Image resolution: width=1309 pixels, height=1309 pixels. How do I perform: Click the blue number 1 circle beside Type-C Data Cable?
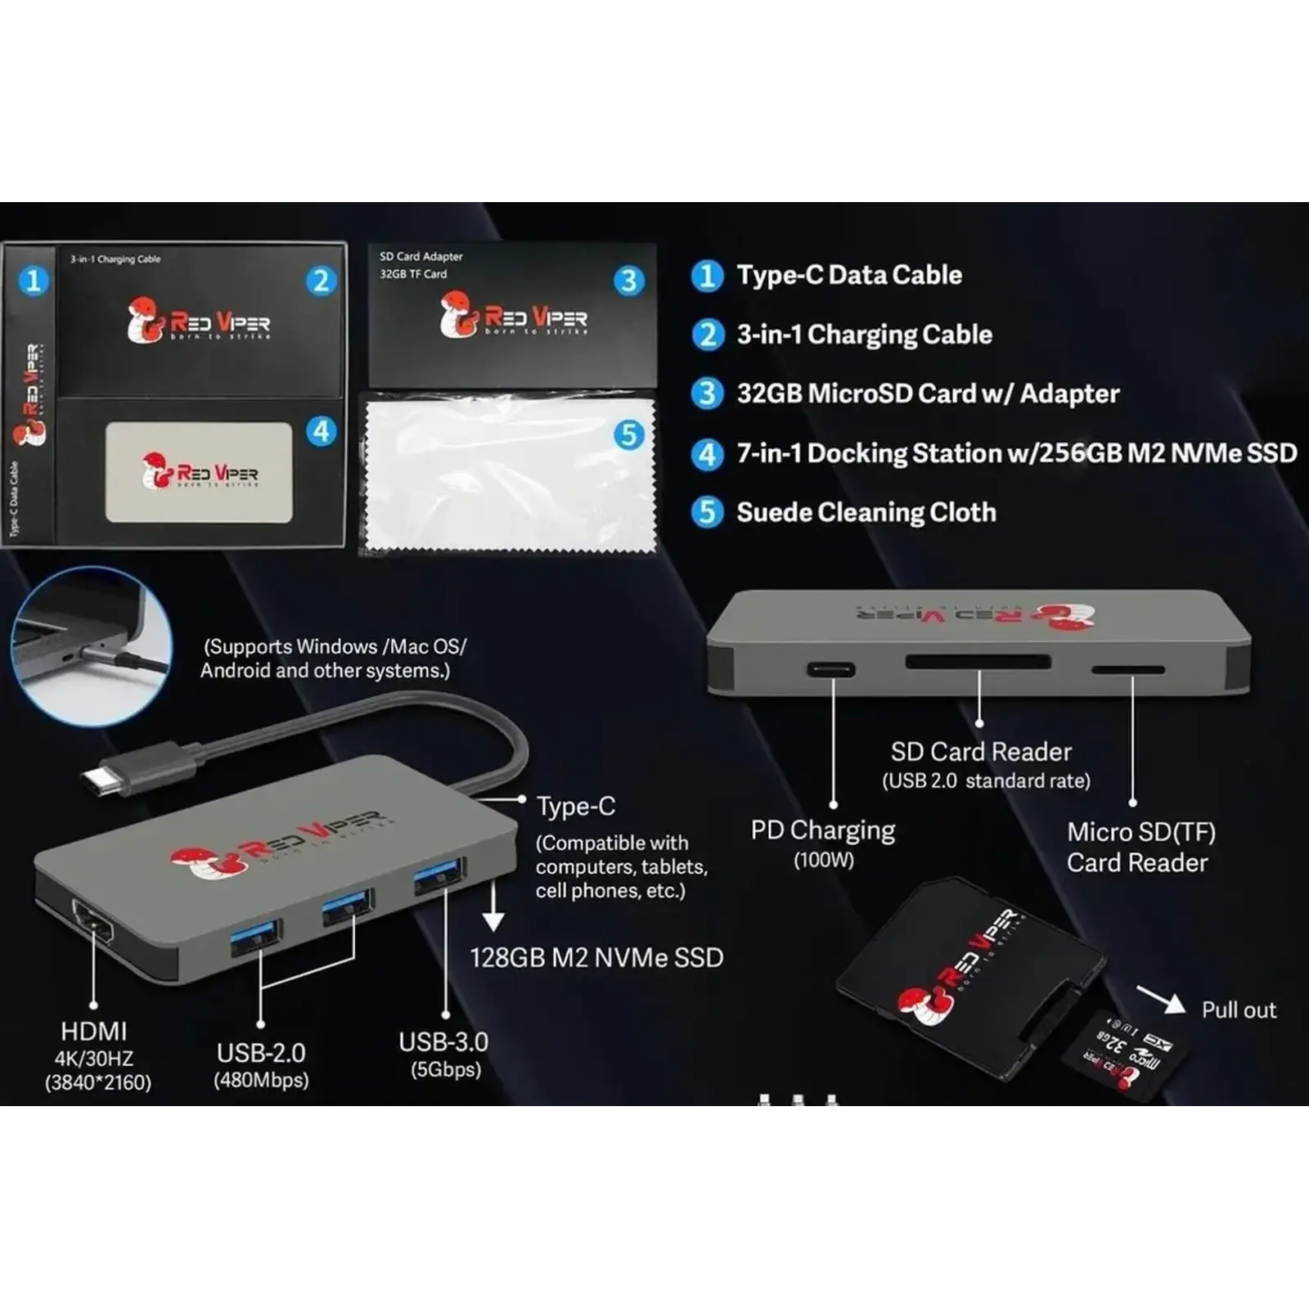tap(707, 276)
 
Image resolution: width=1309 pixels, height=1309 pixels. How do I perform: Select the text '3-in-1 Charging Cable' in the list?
tap(864, 335)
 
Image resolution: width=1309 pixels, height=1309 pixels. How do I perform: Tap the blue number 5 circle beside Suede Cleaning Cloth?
tap(707, 513)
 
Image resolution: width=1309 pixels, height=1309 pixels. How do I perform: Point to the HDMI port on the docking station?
tap(93, 923)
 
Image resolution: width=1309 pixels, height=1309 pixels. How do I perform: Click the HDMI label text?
tap(94, 1031)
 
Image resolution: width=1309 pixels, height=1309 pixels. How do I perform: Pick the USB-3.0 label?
tap(443, 1042)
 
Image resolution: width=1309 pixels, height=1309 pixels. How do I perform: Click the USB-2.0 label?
tap(261, 1053)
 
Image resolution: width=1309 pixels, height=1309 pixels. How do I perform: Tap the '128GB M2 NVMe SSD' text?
tap(596, 958)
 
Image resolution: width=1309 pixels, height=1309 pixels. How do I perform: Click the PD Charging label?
tap(823, 830)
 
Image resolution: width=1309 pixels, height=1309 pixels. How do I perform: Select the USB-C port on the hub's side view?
tap(831, 670)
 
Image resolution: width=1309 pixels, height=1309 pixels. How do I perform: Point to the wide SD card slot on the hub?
tap(978, 662)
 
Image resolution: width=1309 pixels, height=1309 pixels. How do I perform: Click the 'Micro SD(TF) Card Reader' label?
tap(1140, 847)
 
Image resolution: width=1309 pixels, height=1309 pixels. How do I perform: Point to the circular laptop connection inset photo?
tap(92, 646)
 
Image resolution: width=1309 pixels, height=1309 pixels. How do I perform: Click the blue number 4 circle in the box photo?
tap(322, 431)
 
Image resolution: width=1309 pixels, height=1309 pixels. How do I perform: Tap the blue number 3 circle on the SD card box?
tap(628, 281)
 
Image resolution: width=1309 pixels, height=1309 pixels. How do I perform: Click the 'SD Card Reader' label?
tap(981, 752)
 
